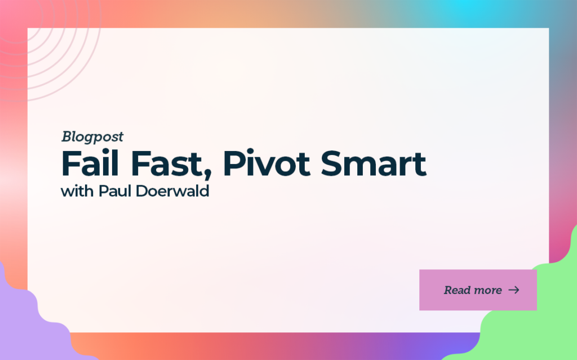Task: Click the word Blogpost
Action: (92, 137)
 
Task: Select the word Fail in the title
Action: (90, 163)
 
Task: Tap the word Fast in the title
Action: (167, 164)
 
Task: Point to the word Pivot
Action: (267, 164)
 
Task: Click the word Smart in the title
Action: (374, 164)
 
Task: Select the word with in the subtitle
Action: (77, 192)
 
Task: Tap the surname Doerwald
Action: (172, 192)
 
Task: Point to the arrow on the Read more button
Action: (514, 290)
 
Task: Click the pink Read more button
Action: (478, 290)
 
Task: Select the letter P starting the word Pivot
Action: (233, 164)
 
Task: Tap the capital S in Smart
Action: (332, 164)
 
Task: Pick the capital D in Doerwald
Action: (142, 192)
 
